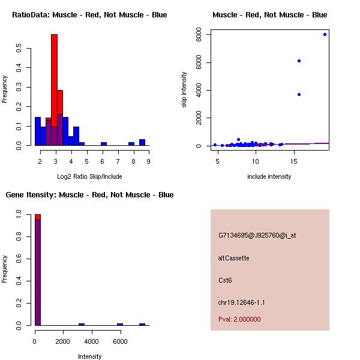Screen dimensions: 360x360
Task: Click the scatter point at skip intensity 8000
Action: [x=325, y=34]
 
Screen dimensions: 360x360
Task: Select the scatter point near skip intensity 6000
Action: [x=299, y=61]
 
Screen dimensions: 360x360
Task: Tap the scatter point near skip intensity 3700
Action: [x=299, y=94]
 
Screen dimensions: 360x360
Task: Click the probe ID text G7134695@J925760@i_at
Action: [x=257, y=235]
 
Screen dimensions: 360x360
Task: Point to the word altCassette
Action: [x=233, y=258]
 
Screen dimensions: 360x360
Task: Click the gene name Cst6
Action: [x=225, y=280]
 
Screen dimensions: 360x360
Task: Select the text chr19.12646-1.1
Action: [x=240, y=302]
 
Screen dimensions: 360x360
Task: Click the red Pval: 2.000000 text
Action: [x=239, y=319]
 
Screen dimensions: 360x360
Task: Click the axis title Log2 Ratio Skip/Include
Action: [x=89, y=176]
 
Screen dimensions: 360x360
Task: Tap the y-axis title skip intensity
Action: [x=184, y=90]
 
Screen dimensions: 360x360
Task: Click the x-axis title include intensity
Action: [x=269, y=176]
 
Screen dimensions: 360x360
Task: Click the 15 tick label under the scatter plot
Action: [x=294, y=161]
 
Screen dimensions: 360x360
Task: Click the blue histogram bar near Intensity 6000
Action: [x=120, y=324]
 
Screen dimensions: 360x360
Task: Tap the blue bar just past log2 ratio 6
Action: [x=104, y=143]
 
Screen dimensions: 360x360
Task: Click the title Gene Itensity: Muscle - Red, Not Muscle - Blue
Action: [x=89, y=194]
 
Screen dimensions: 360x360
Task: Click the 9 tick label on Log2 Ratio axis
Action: [x=148, y=161]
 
